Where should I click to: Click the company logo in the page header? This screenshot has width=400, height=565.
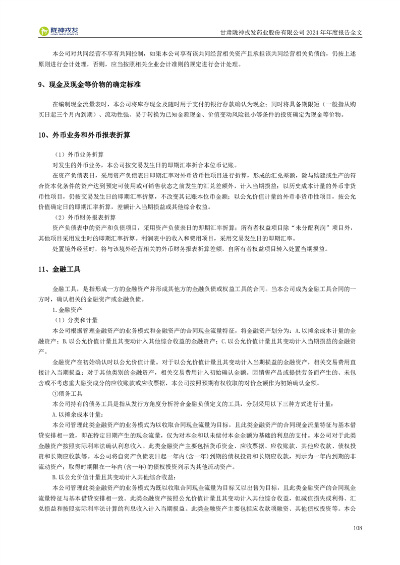point(60,31)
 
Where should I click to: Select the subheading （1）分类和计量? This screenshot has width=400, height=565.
point(75,320)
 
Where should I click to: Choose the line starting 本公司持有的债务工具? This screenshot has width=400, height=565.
point(192,404)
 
